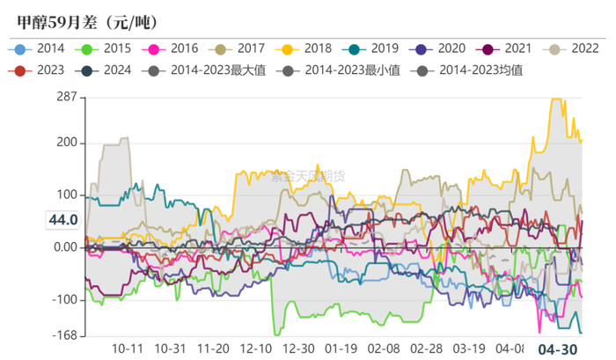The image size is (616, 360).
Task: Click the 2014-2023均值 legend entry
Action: [481, 69]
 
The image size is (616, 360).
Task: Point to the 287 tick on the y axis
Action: [65, 97]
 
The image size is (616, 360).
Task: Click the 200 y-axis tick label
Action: [65, 143]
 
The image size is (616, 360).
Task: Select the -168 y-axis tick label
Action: [62, 335]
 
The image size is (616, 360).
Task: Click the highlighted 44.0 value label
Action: [62, 220]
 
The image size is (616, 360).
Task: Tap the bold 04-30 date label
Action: [558, 349]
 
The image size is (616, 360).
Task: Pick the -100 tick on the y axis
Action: [63, 300]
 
